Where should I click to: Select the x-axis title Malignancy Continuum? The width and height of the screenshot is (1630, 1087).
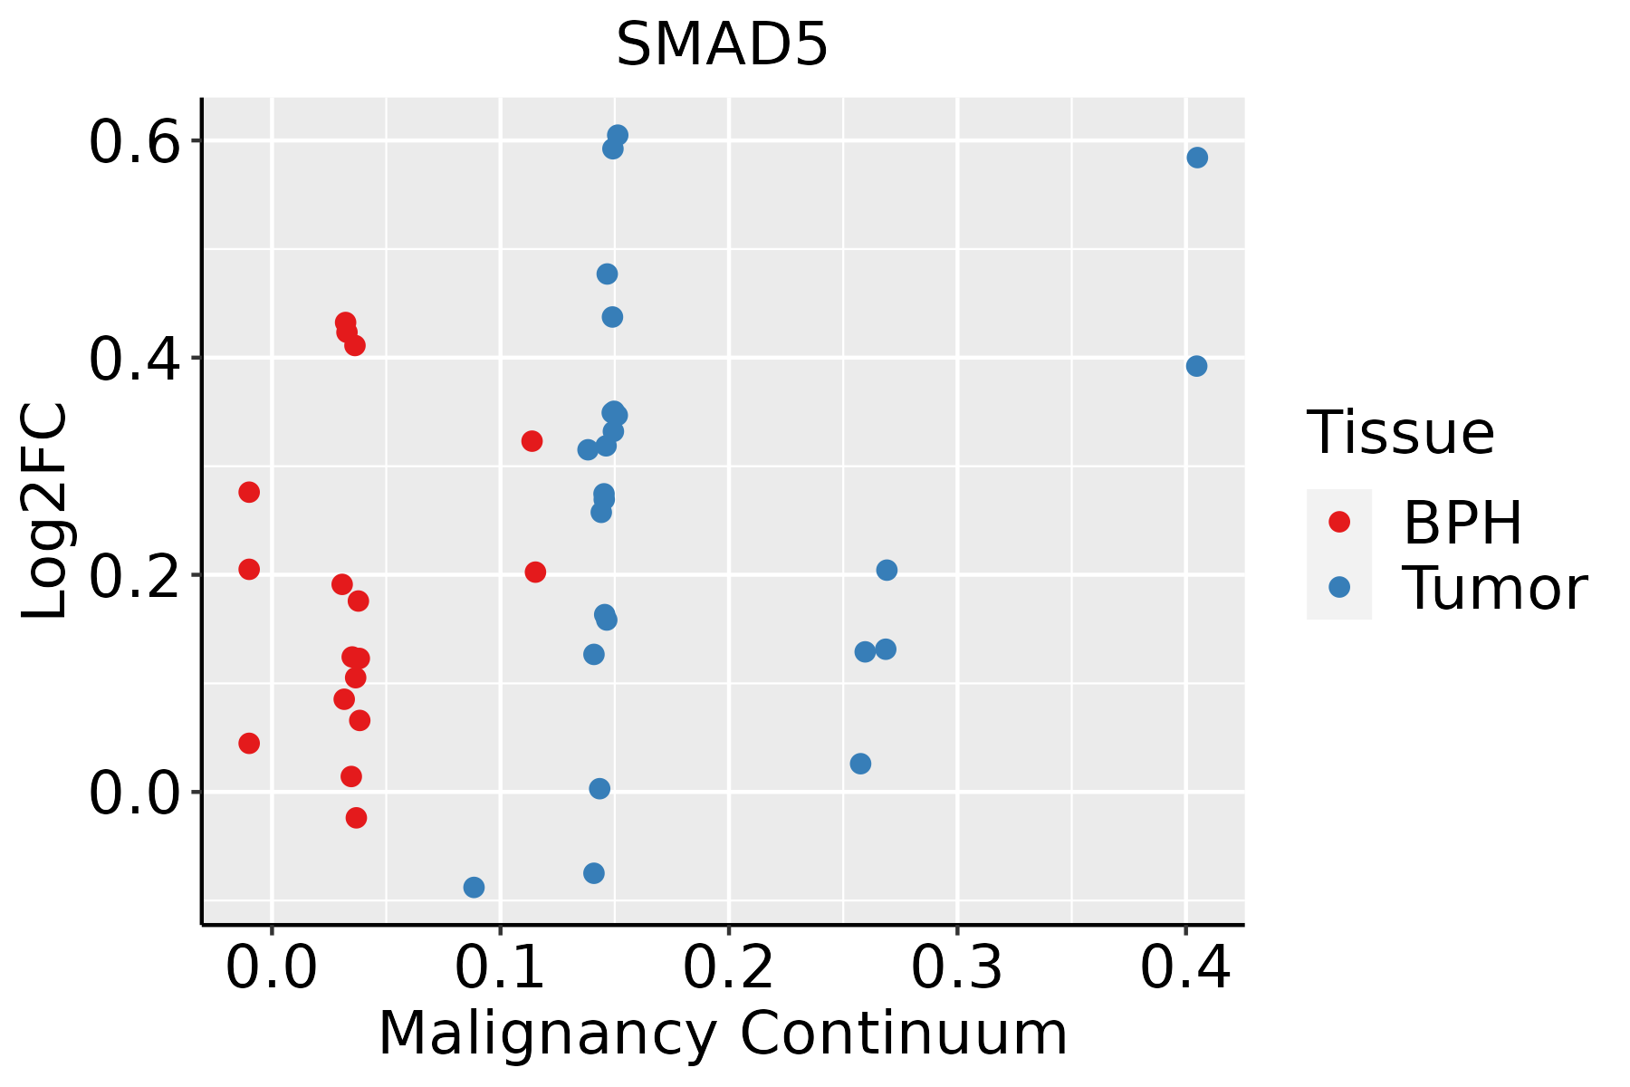pos(722,1034)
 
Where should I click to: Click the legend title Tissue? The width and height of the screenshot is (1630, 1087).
pos(1401,433)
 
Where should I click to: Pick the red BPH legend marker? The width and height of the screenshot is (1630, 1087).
pos(1338,522)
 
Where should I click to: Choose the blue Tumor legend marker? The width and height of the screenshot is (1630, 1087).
pos(1338,587)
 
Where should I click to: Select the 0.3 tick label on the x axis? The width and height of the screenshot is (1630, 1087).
pos(956,968)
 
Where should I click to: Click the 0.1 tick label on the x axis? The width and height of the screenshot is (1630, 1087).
pos(500,968)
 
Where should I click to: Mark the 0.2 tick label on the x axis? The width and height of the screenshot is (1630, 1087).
pos(728,968)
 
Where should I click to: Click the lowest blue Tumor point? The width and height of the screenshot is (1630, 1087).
pos(474,887)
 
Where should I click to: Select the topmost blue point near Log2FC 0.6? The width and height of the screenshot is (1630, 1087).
pos(618,135)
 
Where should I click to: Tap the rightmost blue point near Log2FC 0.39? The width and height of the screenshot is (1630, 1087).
pos(1196,366)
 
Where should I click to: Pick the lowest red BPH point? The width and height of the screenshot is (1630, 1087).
pos(356,817)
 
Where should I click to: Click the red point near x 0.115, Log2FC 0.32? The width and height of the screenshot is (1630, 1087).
pos(532,441)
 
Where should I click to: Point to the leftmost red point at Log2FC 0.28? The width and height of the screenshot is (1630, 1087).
pos(249,492)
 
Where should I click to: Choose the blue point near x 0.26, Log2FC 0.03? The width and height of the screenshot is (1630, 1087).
pos(860,764)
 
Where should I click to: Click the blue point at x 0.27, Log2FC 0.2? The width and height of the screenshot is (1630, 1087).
pos(887,570)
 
